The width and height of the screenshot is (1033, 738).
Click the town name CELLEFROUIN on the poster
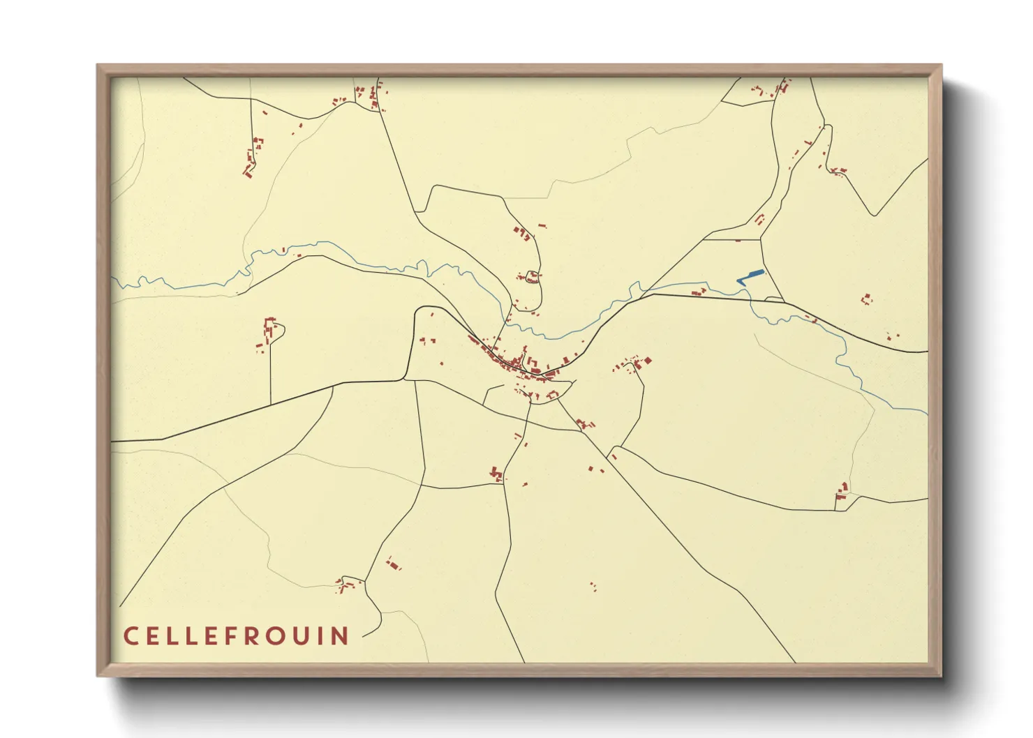pos(236,635)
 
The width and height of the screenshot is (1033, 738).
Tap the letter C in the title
pos(130,635)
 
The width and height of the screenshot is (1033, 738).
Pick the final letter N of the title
pos(341,635)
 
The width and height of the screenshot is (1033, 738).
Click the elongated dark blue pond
pos(752,276)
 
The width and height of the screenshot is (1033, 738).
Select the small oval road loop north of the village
pos(533,276)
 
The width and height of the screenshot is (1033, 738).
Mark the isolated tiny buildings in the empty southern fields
pos(593,586)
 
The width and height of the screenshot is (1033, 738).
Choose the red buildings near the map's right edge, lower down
pos(842,490)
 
